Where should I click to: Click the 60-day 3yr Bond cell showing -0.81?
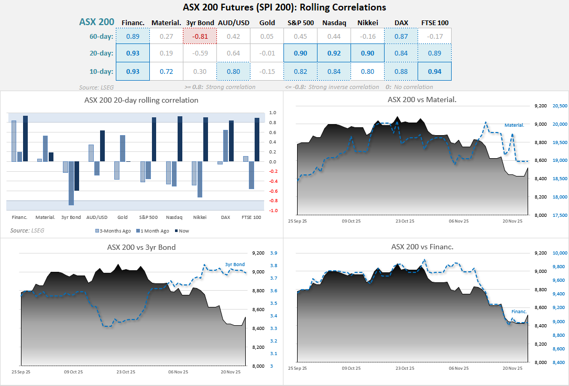point(200,36)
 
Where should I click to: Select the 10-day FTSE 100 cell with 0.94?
point(434,71)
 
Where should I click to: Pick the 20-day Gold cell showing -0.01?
point(267,53)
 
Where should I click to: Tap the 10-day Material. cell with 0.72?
point(166,71)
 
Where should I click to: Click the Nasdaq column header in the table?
point(334,23)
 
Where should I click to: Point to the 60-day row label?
point(102,36)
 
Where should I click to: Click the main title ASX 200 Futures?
point(284,7)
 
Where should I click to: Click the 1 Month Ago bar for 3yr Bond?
point(71,183)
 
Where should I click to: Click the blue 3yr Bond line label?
point(235,264)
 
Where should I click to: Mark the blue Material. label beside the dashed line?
point(514,125)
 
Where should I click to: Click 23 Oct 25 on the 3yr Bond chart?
point(125,372)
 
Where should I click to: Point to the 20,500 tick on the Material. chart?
point(560,106)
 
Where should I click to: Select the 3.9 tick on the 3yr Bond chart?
point(273,253)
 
